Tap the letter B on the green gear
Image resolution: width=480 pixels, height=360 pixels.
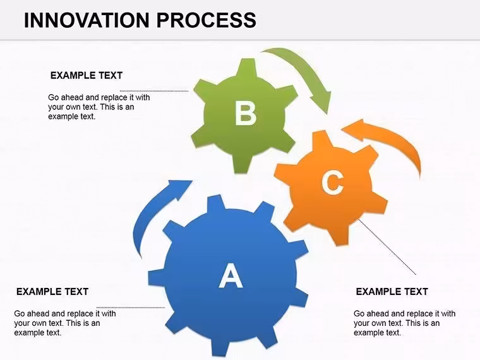pyautogui.click(x=246, y=113)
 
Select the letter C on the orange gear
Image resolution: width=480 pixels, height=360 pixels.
pyautogui.click(x=332, y=183)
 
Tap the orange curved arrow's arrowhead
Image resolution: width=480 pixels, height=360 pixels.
pyautogui.click(x=355, y=129)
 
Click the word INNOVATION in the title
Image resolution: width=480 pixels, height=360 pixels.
pyautogui.click(x=87, y=20)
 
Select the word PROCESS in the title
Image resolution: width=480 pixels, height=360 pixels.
pyautogui.click(x=207, y=20)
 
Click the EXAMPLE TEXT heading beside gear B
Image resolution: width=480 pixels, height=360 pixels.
pyautogui.click(x=87, y=75)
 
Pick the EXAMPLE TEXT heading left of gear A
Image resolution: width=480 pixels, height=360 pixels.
pyautogui.click(x=52, y=291)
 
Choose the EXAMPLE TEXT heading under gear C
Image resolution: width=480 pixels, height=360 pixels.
pyautogui.click(x=392, y=291)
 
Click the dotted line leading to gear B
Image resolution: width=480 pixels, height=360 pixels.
pyautogui.click(x=154, y=91)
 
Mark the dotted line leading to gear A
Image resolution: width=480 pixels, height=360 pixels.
pyautogui.click(x=131, y=308)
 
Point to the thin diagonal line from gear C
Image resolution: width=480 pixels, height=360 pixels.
pyautogui.click(x=387, y=247)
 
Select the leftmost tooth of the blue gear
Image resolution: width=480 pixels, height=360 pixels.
pyautogui.click(x=157, y=277)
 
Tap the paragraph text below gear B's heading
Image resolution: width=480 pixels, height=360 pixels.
pyautogui.click(x=99, y=107)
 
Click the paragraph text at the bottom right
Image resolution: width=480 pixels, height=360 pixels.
pyautogui.click(x=404, y=323)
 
